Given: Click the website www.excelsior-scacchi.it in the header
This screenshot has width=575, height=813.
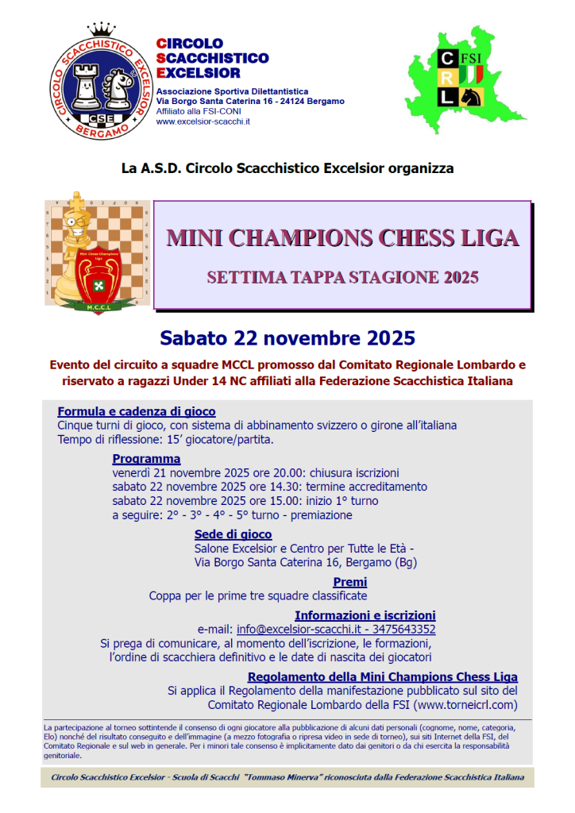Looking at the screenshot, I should (x=203, y=121).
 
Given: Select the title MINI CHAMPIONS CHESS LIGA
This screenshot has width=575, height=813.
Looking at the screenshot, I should (x=342, y=238).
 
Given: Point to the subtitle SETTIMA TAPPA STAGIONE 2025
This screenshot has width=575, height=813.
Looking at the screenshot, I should (x=342, y=277).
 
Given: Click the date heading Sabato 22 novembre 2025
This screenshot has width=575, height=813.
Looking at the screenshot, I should (x=287, y=338).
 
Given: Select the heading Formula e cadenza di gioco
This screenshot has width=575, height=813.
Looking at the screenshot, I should (x=137, y=411).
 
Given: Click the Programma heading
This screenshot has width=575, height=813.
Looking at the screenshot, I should (x=146, y=458).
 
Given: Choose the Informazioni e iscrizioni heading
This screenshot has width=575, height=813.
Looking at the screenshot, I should (x=365, y=615).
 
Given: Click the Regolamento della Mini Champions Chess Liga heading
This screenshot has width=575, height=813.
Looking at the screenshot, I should (x=382, y=676).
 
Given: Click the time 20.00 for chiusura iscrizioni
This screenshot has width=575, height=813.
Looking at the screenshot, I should (x=283, y=472).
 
